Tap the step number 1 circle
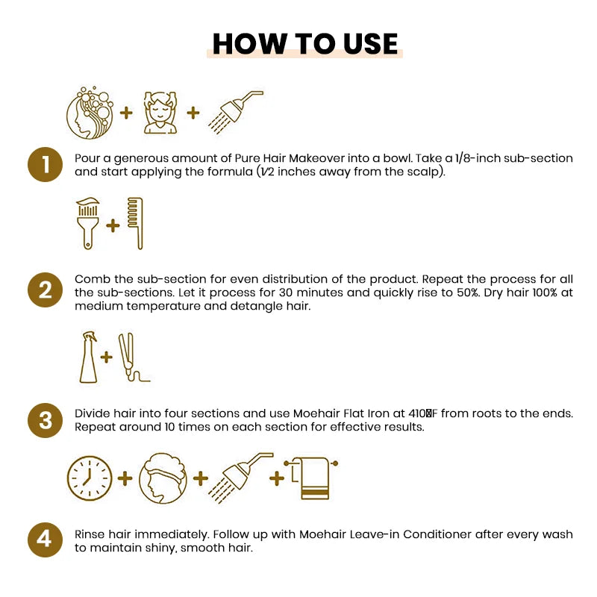[46, 165]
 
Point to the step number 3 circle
[46, 419]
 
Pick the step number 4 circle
[46, 540]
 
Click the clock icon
[90, 478]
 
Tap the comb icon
[134, 223]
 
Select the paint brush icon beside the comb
[89, 223]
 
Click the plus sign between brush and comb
[113, 225]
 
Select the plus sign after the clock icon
[124, 478]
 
